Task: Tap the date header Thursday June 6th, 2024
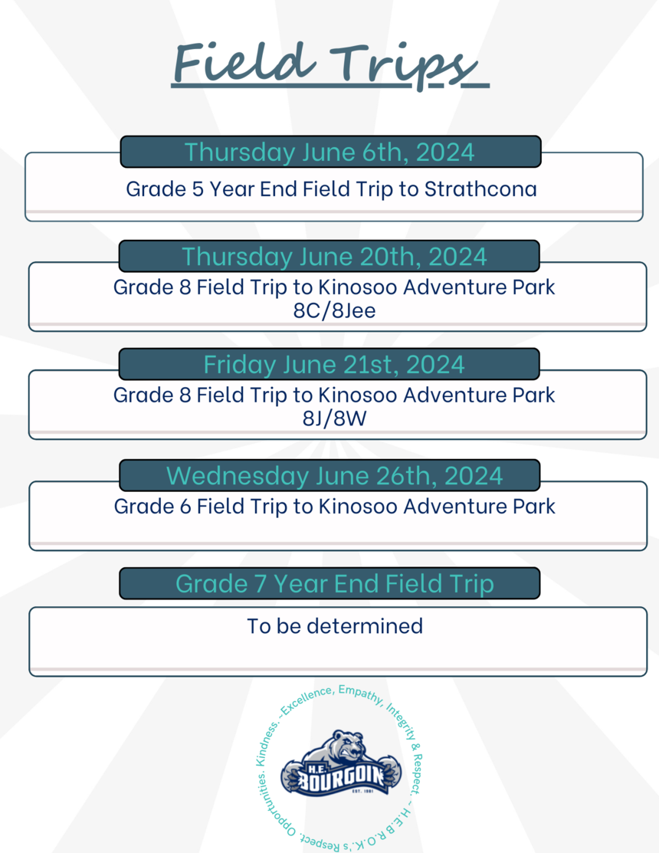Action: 329,153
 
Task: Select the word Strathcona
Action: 480,189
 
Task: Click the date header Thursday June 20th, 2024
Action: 334,257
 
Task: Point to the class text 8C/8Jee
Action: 334,310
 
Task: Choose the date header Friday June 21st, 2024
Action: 334,365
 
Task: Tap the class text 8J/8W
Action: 334,418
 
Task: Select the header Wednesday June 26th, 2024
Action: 334,476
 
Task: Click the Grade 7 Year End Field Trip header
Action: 334,584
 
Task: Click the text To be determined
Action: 335,626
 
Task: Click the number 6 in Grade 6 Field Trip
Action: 185,507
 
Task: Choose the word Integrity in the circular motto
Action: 402,721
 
